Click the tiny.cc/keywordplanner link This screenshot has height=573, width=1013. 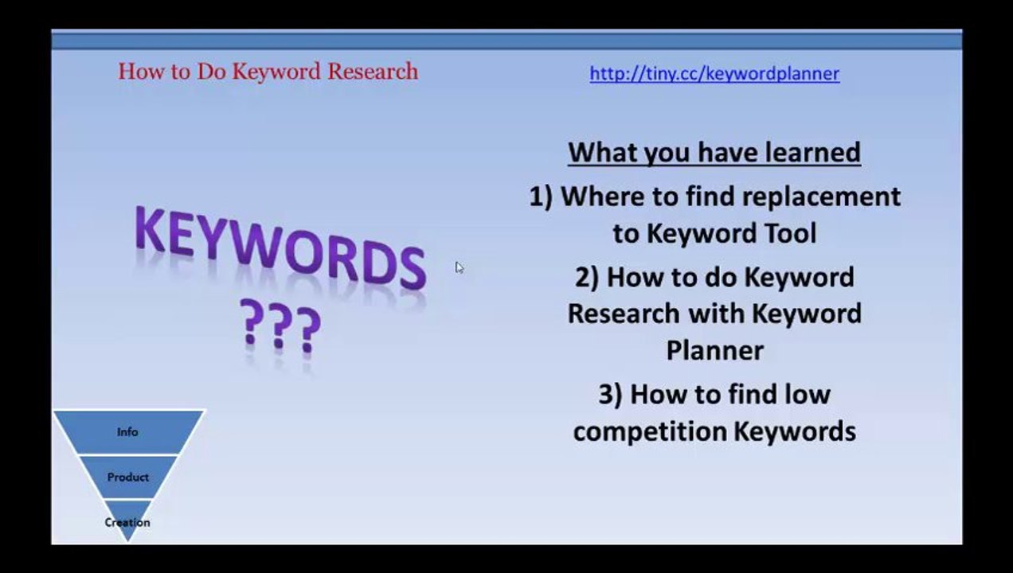click(x=714, y=74)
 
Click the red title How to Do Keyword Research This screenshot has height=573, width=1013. click(x=268, y=72)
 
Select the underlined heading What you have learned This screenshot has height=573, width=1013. click(x=714, y=153)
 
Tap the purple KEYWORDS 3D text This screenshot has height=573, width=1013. click(x=280, y=248)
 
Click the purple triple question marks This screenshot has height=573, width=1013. click(x=280, y=325)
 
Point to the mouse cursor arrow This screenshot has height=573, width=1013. click(x=460, y=267)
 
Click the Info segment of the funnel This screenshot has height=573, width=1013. click(x=128, y=432)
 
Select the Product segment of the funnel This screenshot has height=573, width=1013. click(x=128, y=477)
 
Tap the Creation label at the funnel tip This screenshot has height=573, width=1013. click(x=127, y=522)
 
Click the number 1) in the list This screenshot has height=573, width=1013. click(x=541, y=197)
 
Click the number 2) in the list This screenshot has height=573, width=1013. click(x=587, y=277)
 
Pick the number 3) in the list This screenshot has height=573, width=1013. click(x=611, y=394)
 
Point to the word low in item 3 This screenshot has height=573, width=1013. click(x=808, y=394)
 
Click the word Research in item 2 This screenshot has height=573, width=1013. click(x=624, y=314)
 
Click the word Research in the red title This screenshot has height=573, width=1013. click(x=373, y=72)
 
